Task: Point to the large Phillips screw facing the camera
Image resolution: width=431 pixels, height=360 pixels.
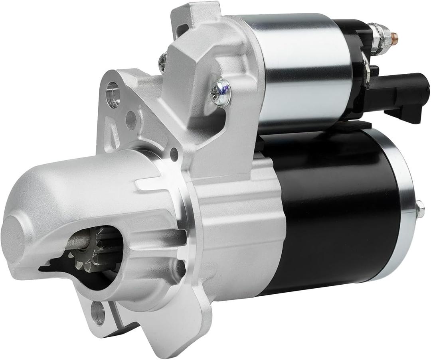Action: pyautogui.click(x=221, y=92)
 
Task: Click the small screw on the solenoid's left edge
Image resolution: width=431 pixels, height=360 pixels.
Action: pyautogui.click(x=163, y=62)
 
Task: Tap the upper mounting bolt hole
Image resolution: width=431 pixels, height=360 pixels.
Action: pyautogui.click(x=113, y=94)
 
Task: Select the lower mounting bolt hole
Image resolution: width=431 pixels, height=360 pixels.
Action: pyautogui.click(x=97, y=315)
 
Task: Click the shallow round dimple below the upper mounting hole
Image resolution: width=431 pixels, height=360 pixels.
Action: pyautogui.click(x=131, y=120)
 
